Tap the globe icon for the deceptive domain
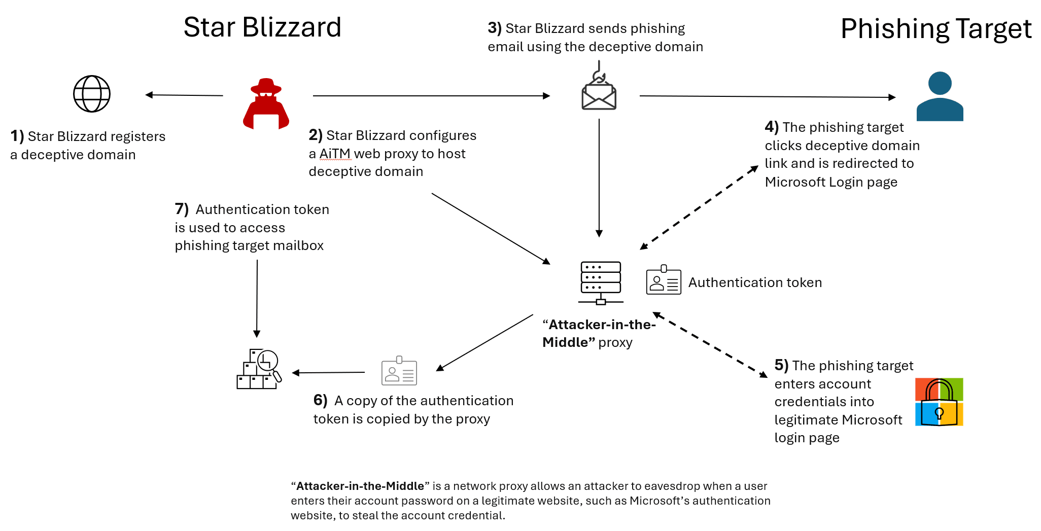tap(92, 94)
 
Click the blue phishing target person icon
tap(940, 96)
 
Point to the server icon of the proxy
tap(601, 282)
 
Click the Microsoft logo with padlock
tap(939, 402)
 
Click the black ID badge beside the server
tap(664, 280)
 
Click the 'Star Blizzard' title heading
tap(262, 27)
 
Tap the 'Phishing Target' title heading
tap(936, 29)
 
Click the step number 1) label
tap(17, 136)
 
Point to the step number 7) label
tap(182, 209)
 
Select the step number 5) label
tap(781, 365)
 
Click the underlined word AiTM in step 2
tap(335, 154)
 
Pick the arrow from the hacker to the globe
tap(184, 95)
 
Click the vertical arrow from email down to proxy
tap(599, 178)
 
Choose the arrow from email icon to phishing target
tap(767, 96)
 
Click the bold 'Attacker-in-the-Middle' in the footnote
tap(360, 486)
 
